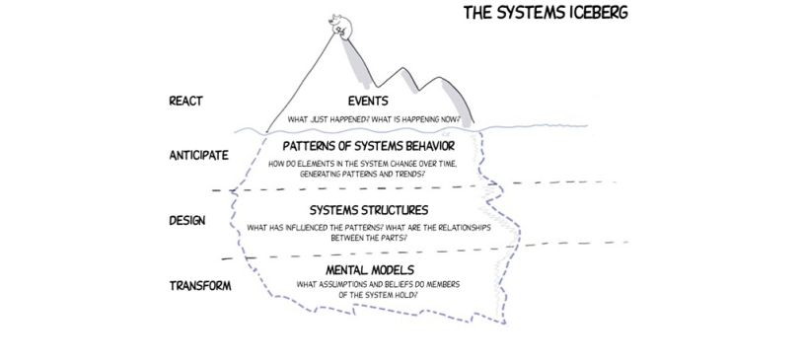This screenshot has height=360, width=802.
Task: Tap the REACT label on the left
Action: pos(186,100)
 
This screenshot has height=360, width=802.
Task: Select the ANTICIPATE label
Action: pos(199,155)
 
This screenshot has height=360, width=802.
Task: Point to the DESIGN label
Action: pos(187,220)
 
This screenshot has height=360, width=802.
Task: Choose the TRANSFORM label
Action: pos(200,286)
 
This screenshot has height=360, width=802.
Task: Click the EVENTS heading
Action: pos(368,101)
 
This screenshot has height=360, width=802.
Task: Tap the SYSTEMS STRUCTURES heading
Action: pos(368,210)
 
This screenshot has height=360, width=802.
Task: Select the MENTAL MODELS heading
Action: pos(369,269)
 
